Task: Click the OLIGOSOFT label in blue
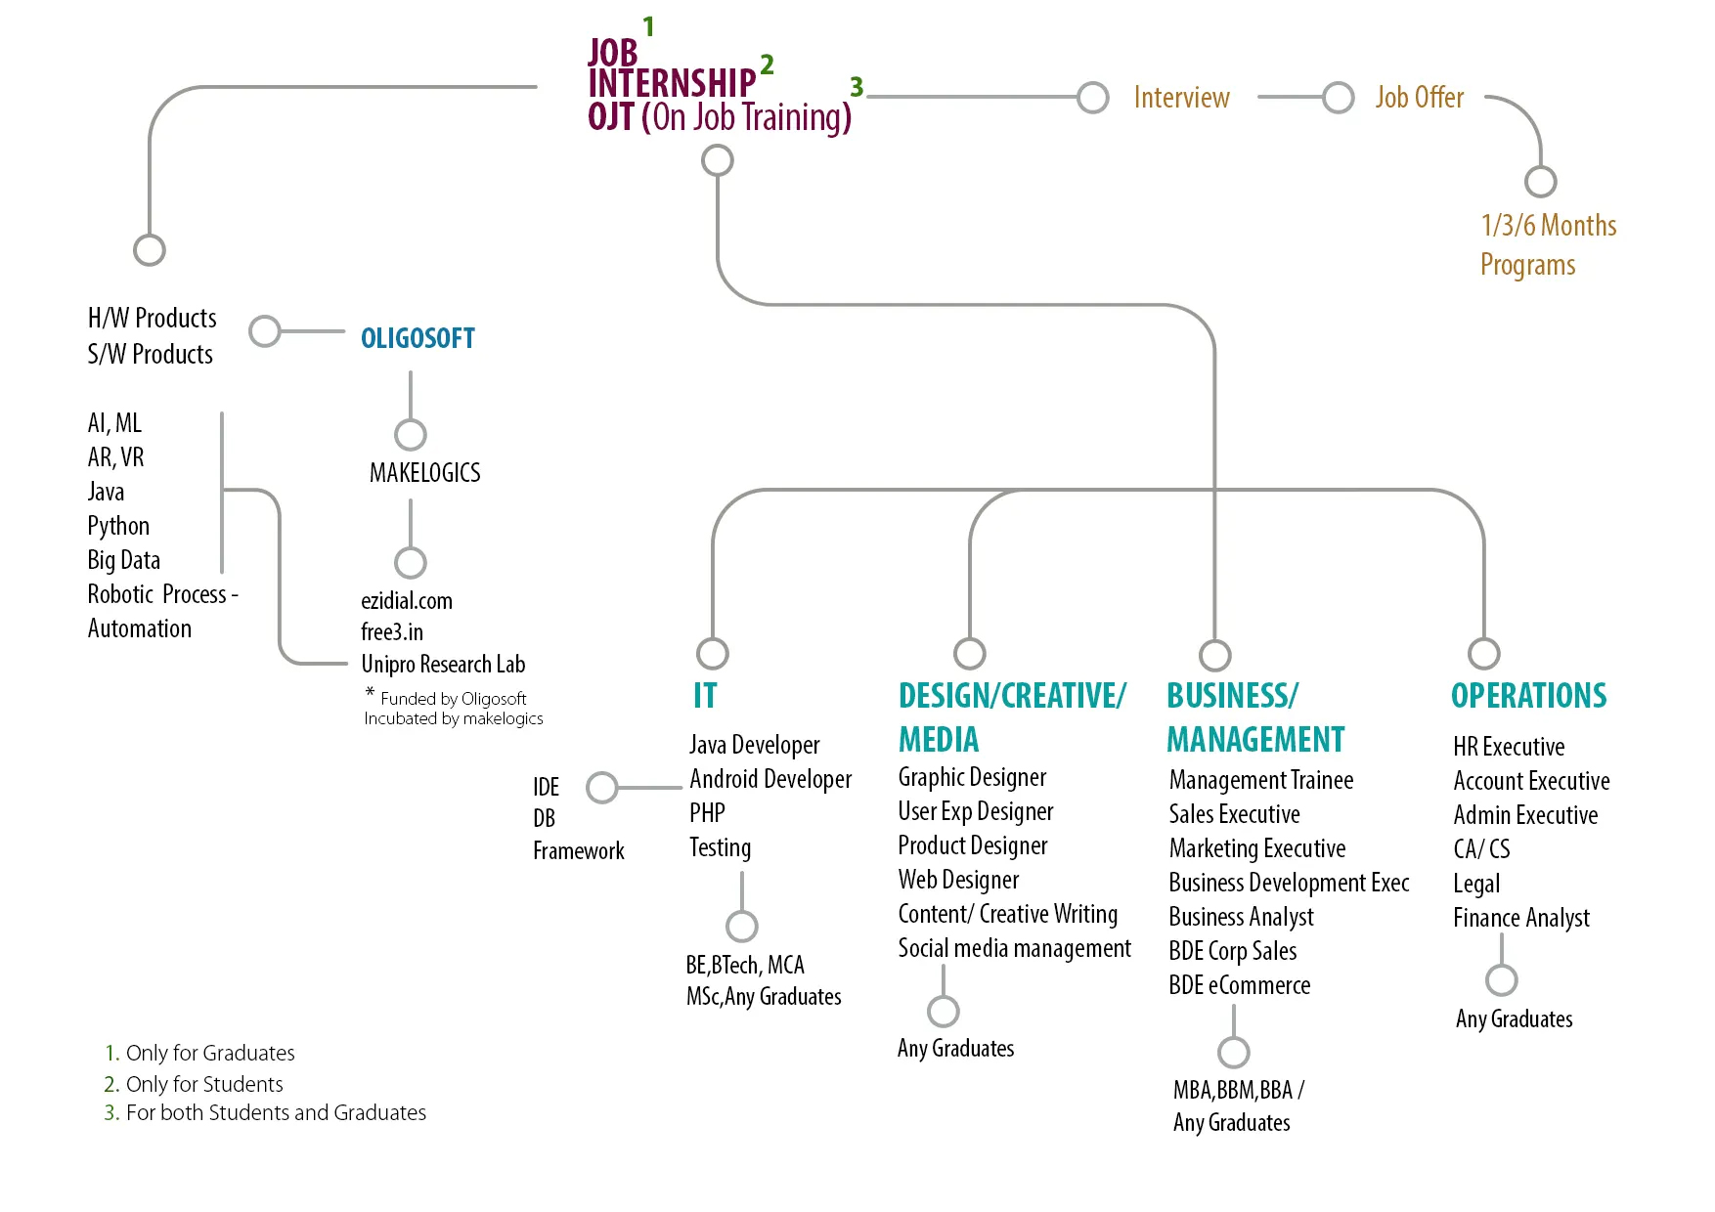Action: click(418, 338)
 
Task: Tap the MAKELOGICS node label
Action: click(424, 473)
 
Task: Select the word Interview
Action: click(1181, 98)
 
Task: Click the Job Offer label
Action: click(1419, 98)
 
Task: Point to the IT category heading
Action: click(705, 695)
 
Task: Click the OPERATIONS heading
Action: click(1528, 695)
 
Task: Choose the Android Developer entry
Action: click(770, 779)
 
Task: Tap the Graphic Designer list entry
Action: click(972, 777)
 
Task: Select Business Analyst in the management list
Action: click(1241, 917)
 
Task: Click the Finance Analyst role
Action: click(1520, 918)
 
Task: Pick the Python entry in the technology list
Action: click(118, 526)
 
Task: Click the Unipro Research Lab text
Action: click(443, 665)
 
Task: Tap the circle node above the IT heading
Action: click(713, 653)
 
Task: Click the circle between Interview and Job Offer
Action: click(1338, 98)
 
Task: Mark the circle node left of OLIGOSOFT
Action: click(265, 331)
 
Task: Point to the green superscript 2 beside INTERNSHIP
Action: click(767, 65)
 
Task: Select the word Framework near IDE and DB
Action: click(578, 851)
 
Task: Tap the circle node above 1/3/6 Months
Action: click(1541, 182)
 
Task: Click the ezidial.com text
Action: click(407, 601)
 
